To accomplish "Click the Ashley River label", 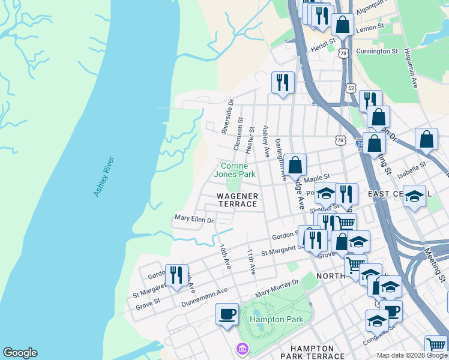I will click(x=104, y=177).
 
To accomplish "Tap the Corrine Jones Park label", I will click(x=238, y=170).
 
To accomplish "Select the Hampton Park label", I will click(x=277, y=320).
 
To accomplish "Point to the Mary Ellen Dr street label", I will click(x=194, y=220).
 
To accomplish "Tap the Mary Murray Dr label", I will click(x=277, y=288).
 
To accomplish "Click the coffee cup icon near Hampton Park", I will click(x=228, y=314).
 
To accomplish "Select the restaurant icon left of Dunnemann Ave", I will click(x=176, y=275).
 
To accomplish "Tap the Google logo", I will click(x=20, y=353).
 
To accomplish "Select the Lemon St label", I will click(x=372, y=28).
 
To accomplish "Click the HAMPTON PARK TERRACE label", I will click(x=312, y=352).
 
